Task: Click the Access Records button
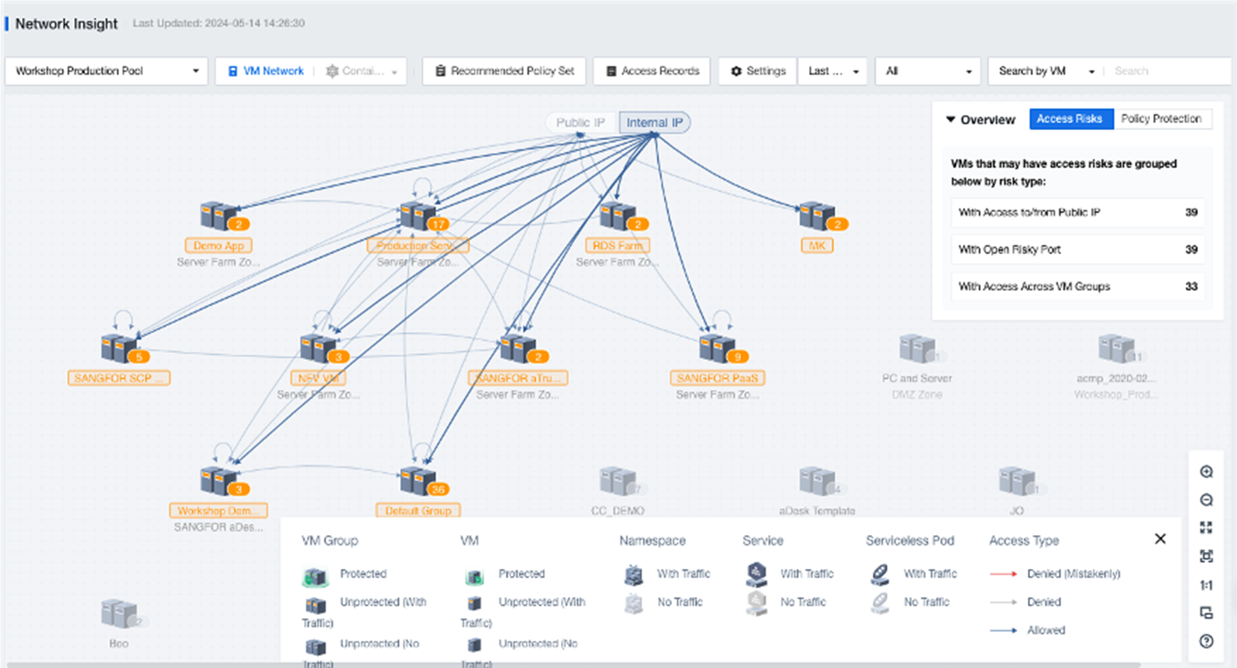[x=651, y=71]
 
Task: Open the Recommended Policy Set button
[x=504, y=71]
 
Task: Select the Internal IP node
[x=654, y=122]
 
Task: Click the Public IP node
[x=580, y=122]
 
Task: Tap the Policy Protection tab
[x=1161, y=119]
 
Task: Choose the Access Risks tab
[x=1069, y=119]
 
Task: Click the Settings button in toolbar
[x=758, y=71]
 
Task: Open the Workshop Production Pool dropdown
[x=106, y=71]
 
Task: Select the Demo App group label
[x=219, y=245]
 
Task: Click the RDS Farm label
[x=617, y=245]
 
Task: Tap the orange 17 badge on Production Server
[x=438, y=224]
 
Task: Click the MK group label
[x=816, y=245]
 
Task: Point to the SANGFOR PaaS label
[x=717, y=378]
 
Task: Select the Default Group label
[x=418, y=511]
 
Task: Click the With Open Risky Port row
[x=1077, y=250]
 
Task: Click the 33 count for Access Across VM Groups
[x=1191, y=287]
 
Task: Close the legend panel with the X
[x=1160, y=539]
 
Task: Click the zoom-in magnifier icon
[x=1206, y=472]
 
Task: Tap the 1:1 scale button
[x=1206, y=585]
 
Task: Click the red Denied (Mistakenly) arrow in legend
[x=1004, y=573]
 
